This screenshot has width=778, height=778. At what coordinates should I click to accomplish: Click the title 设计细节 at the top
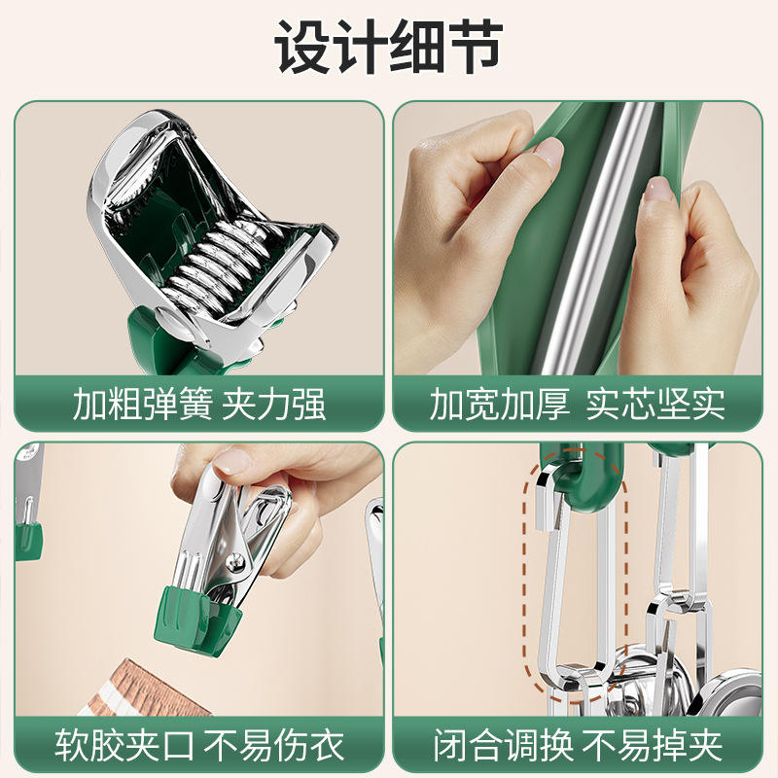tap(388, 47)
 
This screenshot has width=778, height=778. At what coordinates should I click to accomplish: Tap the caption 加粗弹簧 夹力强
tap(199, 405)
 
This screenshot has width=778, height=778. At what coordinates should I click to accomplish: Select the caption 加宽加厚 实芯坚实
tap(577, 405)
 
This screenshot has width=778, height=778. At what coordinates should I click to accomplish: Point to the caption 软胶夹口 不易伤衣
tap(199, 745)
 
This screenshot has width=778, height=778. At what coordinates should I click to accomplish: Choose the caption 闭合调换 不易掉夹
tap(577, 745)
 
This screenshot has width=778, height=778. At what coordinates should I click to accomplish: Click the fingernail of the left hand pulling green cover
tap(549, 152)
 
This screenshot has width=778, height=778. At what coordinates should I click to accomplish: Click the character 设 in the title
tap(302, 47)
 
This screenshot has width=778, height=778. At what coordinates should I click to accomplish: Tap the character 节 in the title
tap(475, 47)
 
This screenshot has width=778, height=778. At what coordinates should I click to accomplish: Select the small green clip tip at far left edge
tap(29, 541)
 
